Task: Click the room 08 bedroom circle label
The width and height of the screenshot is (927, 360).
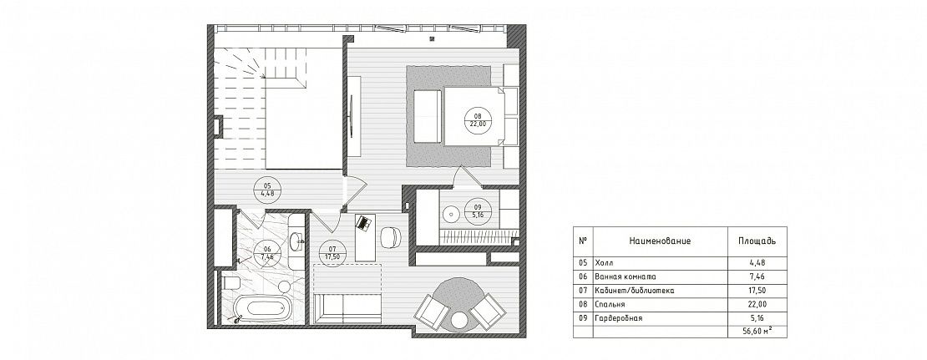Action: [x=477, y=120]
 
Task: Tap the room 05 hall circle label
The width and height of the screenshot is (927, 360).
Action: [x=268, y=189]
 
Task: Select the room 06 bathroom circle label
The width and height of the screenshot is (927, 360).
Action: [x=266, y=254]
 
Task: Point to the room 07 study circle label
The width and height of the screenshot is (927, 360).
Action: [x=332, y=253]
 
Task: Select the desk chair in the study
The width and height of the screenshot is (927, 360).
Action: [x=390, y=238]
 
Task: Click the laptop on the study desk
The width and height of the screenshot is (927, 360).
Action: [x=362, y=224]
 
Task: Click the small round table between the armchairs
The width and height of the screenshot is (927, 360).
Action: [x=459, y=322]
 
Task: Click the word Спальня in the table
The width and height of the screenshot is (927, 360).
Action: [x=610, y=304]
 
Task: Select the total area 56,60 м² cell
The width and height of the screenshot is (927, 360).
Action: [x=757, y=332]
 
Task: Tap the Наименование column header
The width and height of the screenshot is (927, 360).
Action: [x=660, y=241]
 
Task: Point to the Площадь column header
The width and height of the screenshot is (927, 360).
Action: [x=757, y=241]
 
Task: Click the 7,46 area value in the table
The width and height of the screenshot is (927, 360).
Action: [x=757, y=276]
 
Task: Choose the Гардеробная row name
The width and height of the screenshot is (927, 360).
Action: [x=619, y=318]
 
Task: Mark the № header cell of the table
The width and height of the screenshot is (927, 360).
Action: [x=583, y=241]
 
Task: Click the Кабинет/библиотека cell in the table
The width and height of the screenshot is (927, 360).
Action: [x=635, y=290]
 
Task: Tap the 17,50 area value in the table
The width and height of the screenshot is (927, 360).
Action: [x=757, y=290]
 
